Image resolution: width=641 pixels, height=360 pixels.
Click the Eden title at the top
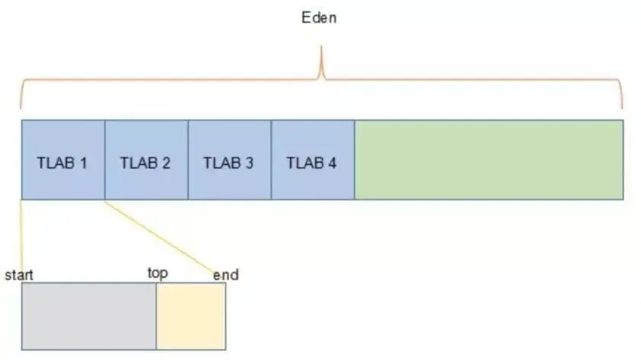(x=318, y=17)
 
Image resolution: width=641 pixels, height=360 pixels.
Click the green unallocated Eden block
(x=488, y=159)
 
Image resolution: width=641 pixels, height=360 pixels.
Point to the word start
(x=20, y=274)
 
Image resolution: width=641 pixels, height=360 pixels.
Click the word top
(x=158, y=272)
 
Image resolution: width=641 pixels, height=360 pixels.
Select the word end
(x=225, y=274)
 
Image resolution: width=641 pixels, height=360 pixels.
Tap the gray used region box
(x=88, y=316)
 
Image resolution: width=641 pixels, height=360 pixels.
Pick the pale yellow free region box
(x=191, y=316)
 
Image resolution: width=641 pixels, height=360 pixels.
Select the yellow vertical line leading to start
(x=22, y=236)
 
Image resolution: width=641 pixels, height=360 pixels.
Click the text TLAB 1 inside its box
(x=62, y=162)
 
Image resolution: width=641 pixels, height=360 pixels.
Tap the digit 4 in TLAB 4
(x=332, y=162)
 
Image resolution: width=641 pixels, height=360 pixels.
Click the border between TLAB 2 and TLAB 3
(x=188, y=159)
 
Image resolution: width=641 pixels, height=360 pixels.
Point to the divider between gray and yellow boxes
(x=156, y=316)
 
